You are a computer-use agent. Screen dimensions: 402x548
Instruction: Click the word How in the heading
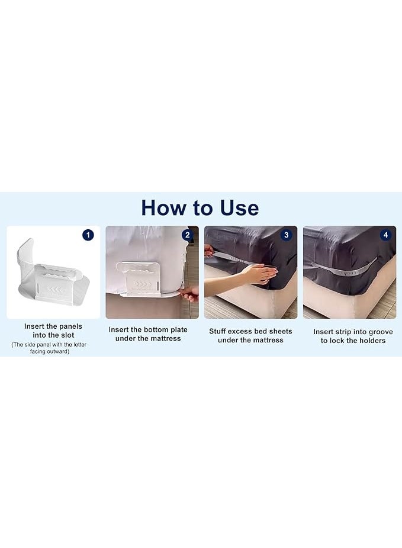163,208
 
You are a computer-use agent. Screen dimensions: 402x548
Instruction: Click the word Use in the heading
240,208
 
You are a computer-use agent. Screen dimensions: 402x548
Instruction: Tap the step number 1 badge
88,235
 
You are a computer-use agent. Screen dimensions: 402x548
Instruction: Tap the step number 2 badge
188,235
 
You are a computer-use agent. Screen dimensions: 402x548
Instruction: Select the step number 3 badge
287,235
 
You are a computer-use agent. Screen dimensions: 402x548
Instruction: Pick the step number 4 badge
385,235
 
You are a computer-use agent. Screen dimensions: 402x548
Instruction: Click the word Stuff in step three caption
217,331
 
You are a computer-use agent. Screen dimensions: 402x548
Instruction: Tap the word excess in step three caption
240,331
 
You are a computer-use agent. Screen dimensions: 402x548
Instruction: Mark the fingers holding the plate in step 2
189,294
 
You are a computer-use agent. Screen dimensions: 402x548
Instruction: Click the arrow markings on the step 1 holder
56,290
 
